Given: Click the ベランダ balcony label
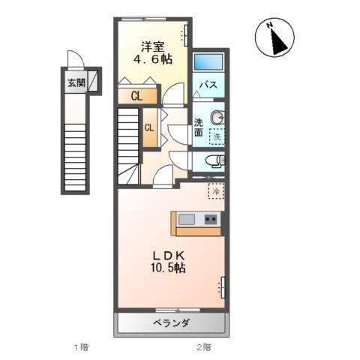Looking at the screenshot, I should coord(172,323).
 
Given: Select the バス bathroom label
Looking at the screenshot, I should coord(208,85).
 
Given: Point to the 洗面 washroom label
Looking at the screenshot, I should coord(199,127).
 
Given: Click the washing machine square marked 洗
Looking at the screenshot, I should coord(216,136).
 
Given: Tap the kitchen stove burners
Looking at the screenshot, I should coord(211,220).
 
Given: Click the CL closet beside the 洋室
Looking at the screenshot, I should coord(137,95).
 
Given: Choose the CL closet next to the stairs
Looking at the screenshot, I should coord(148,127).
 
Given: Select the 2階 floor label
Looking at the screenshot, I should coord(203,347).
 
